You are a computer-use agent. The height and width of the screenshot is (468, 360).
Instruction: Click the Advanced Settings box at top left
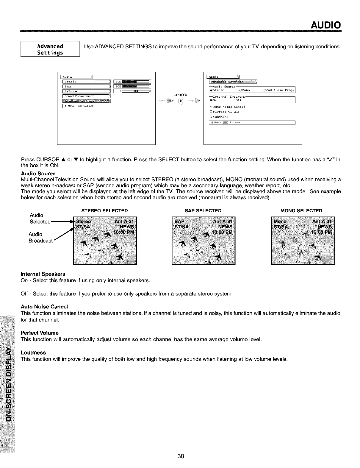tap(50, 49)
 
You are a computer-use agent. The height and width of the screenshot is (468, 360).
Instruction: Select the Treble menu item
tap(86, 82)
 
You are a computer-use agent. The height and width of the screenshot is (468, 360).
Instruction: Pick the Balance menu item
tap(86, 91)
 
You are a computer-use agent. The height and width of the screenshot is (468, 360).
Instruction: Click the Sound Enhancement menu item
tap(86, 96)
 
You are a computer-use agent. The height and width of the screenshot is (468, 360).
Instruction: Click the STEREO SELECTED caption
tap(104, 211)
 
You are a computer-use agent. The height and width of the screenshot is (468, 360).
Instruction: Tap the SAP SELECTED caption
tap(203, 211)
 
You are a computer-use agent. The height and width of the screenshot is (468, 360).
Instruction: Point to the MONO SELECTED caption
tap(301, 211)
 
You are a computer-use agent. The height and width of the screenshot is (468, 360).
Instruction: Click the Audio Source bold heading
tap(38, 174)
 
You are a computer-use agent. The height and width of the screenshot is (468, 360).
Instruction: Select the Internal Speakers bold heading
tap(43, 274)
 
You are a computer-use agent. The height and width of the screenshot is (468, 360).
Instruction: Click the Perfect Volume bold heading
tap(40, 333)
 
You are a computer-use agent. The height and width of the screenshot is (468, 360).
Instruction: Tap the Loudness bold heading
tap(33, 352)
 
